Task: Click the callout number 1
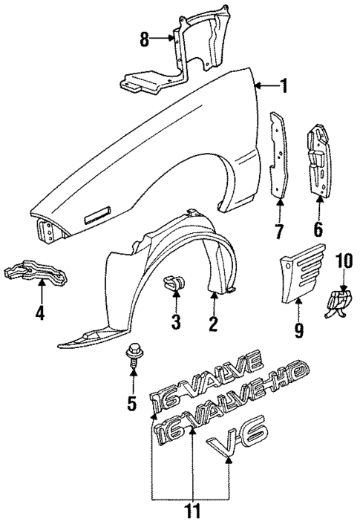pyautogui.click(x=282, y=87)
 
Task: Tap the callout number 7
pyautogui.click(x=279, y=232)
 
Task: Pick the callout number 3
pyautogui.click(x=176, y=323)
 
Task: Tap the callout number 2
pyautogui.click(x=213, y=323)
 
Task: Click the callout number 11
pyautogui.click(x=192, y=512)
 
